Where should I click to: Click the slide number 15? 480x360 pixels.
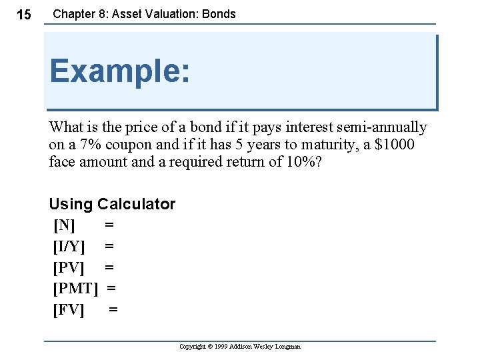click(x=23, y=15)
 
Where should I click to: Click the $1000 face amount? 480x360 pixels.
click(x=395, y=145)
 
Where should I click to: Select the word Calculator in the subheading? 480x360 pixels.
click(x=136, y=204)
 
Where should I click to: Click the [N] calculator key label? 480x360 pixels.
click(x=64, y=225)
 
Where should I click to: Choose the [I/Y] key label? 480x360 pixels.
click(x=69, y=246)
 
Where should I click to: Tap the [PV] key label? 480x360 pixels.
click(x=69, y=267)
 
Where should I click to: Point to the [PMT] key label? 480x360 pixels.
click(x=75, y=289)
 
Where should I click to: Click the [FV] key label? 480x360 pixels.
click(x=69, y=310)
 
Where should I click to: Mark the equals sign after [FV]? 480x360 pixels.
click(x=113, y=310)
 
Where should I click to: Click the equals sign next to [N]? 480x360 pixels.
click(x=109, y=225)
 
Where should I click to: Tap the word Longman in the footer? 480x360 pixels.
click(x=288, y=347)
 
